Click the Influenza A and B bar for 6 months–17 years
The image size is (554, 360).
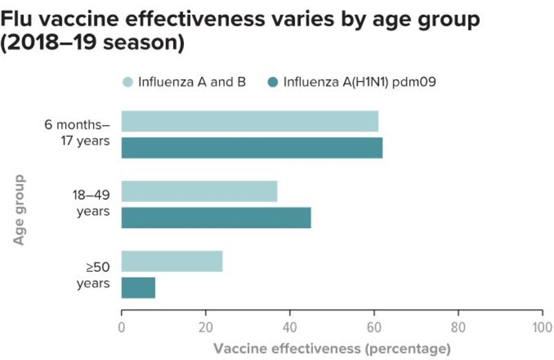(249, 121)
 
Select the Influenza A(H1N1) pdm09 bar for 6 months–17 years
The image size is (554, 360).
(251, 148)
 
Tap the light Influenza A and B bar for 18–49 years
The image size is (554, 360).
(199, 191)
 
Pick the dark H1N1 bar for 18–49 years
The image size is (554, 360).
(216, 218)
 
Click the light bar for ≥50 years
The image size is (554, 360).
(172, 261)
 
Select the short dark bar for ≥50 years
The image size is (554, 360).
(138, 288)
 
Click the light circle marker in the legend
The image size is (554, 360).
(128, 82)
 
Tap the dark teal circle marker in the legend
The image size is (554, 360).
(273, 82)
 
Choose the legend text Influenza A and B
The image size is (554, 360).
(192, 82)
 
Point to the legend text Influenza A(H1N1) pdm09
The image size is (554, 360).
(360, 82)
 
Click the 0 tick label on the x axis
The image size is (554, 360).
(122, 325)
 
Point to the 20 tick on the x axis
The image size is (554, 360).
(206, 325)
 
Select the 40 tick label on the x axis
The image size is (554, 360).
(290, 325)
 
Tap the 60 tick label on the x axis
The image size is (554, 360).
(374, 325)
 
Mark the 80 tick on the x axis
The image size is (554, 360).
(458, 325)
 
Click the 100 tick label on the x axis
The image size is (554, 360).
(542, 325)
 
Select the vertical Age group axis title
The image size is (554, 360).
(20, 210)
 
